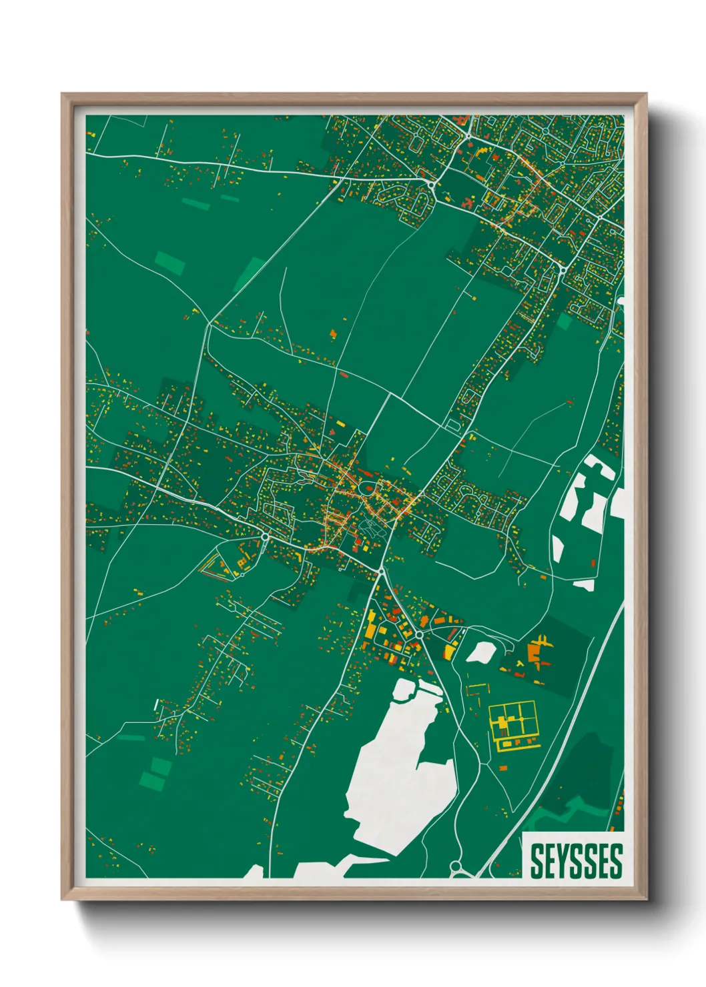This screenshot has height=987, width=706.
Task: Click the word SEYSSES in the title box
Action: pyautogui.click(x=577, y=861)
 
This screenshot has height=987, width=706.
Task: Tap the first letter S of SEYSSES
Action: pyautogui.click(x=536, y=861)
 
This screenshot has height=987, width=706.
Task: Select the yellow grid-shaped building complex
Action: pyautogui.click(x=514, y=724)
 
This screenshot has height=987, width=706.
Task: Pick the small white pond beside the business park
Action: pyautogui.click(x=480, y=652)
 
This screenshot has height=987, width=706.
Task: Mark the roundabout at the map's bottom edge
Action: pyautogui.click(x=456, y=866)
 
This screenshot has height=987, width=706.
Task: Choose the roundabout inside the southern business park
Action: pyautogui.click(x=418, y=636)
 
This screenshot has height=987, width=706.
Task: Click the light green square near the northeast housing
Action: pyautogui.click(x=565, y=321)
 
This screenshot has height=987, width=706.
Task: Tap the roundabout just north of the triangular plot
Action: pyautogui.click(x=265, y=535)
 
